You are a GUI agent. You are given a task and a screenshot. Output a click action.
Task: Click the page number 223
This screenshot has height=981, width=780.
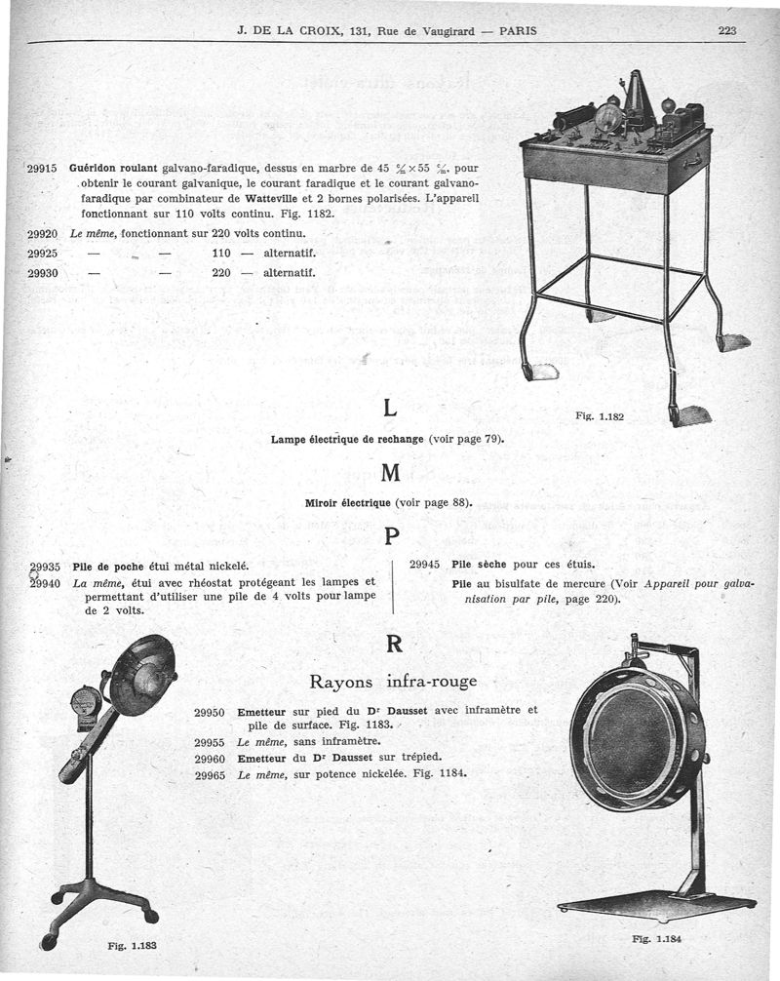(x=726, y=30)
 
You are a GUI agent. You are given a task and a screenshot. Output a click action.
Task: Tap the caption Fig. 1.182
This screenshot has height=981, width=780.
(x=600, y=416)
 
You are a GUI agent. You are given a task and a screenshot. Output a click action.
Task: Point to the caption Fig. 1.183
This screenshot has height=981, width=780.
(x=132, y=945)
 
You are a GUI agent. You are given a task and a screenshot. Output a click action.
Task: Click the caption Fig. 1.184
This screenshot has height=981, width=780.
(x=657, y=939)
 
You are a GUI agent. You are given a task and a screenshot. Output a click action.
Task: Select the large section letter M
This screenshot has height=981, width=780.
(x=391, y=473)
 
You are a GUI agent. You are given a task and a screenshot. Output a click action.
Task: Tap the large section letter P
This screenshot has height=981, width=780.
(x=391, y=536)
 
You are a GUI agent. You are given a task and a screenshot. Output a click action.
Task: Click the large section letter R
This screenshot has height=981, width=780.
(x=392, y=645)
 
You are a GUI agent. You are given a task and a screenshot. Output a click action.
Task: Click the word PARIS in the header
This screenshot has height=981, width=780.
(x=518, y=30)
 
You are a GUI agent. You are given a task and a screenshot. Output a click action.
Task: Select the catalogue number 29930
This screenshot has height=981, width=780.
(x=44, y=273)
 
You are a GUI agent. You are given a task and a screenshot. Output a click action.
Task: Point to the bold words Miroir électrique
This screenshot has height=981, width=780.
(x=348, y=503)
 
